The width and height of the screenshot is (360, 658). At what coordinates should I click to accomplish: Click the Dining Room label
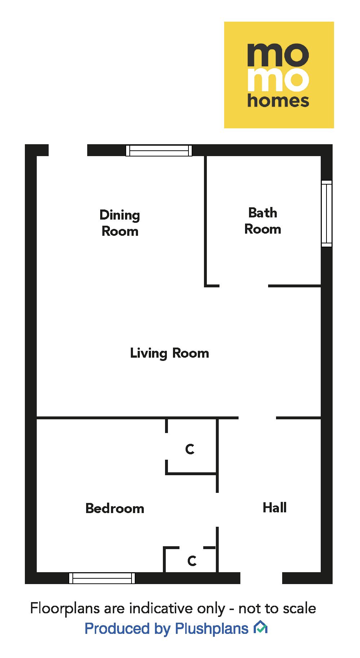(x=120, y=223)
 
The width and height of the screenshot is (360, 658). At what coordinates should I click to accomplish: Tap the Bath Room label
(x=263, y=221)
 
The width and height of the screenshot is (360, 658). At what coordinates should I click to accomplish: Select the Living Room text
(x=169, y=353)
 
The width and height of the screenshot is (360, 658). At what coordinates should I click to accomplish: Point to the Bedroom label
(x=115, y=508)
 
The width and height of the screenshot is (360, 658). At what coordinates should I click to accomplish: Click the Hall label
(x=275, y=508)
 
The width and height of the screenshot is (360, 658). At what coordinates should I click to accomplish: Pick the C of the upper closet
(x=190, y=449)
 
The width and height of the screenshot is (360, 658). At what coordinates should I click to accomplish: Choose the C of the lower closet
(x=192, y=561)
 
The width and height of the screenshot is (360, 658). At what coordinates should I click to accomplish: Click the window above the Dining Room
(x=159, y=150)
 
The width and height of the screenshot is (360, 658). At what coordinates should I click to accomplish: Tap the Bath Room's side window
(x=326, y=213)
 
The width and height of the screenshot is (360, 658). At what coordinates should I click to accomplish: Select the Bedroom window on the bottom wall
(x=102, y=578)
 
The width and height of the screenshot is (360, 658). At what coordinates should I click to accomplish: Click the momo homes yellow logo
(x=279, y=75)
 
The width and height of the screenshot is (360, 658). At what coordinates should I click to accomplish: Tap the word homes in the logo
(x=278, y=101)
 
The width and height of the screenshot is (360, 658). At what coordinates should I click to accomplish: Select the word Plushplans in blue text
(x=212, y=628)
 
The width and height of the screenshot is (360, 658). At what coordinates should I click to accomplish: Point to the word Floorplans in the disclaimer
(x=65, y=608)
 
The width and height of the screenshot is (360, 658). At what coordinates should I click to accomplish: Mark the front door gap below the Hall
(x=261, y=578)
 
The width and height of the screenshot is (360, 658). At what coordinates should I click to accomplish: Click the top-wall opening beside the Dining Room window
(x=68, y=150)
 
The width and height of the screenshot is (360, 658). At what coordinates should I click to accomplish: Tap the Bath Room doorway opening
(x=244, y=286)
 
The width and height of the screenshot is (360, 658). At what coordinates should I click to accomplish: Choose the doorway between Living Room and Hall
(x=257, y=418)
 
